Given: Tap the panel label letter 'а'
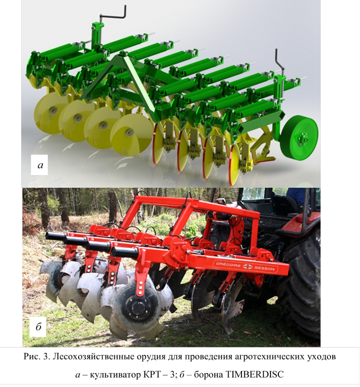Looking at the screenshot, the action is (x=40, y=165).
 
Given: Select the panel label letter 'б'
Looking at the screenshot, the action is (x=39, y=326).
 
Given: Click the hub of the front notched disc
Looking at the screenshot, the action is (x=135, y=307).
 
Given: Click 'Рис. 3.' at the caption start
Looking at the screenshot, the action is (x=36, y=357).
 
